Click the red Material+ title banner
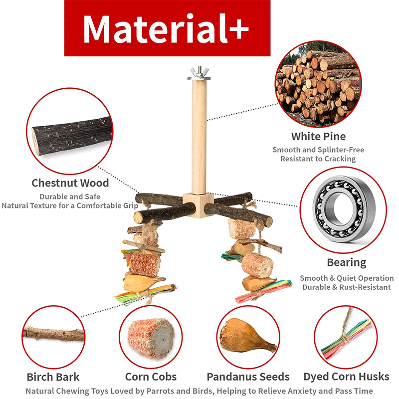[167, 28]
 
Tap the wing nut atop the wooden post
[199, 72]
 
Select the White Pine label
[318, 136]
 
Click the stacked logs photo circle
[318, 84]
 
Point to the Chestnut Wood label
[70, 183]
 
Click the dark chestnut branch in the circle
[72, 136]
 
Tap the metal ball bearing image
[344, 208]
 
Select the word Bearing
[347, 263]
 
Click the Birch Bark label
[53, 377]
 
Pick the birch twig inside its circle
[53, 334]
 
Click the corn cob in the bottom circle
[151, 338]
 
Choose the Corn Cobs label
[151, 377]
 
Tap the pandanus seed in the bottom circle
[248, 336]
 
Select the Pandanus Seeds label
[248, 377]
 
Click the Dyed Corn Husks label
[346, 377]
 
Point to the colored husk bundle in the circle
[346, 339]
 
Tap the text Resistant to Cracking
[318, 159]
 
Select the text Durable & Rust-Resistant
[346, 287]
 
